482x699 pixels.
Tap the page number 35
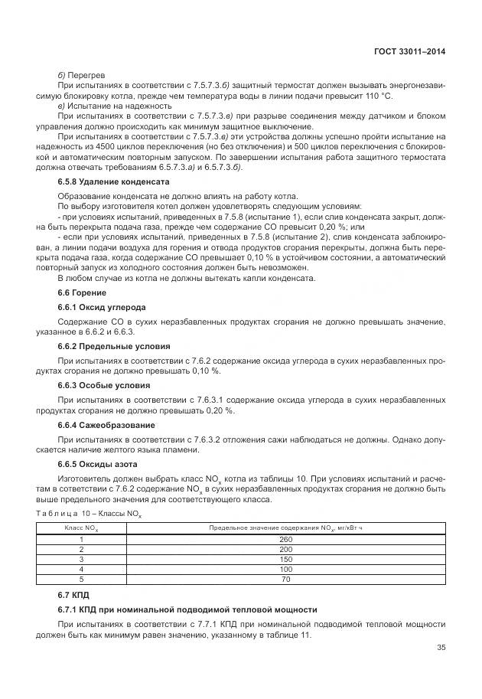coord(441,647)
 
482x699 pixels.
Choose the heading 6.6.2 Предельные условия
coord(114,346)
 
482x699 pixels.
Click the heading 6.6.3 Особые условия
coord(107,385)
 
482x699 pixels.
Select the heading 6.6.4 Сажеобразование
coord(106,425)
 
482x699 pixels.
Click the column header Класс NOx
coord(81,528)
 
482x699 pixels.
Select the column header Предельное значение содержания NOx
coord(286,528)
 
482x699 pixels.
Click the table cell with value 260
coord(286,539)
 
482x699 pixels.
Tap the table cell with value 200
coord(286,549)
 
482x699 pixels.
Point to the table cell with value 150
coord(286,559)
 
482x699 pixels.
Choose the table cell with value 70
coord(286,580)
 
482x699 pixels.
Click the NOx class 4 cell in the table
coord(81,570)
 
